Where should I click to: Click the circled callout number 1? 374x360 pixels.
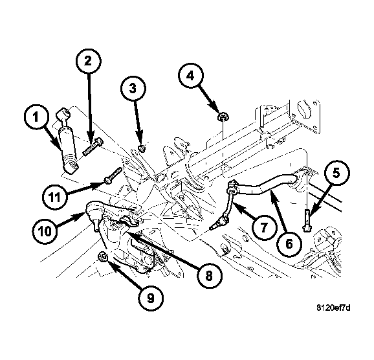(36, 117)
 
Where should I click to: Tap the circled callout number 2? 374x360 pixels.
(89, 61)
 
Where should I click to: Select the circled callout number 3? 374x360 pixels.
(133, 88)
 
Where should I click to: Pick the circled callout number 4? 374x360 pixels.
(191, 76)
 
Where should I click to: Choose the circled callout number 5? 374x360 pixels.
(336, 173)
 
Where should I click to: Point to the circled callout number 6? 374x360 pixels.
(289, 244)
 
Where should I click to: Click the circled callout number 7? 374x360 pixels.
(264, 227)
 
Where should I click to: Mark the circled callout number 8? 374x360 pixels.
(209, 276)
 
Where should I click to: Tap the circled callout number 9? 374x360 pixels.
(151, 298)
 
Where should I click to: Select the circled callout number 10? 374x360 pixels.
(45, 231)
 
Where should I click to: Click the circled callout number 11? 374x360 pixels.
(54, 197)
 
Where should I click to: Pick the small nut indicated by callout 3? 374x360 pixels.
(142, 149)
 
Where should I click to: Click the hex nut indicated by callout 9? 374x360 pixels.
(103, 257)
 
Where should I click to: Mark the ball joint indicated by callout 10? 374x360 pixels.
(95, 214)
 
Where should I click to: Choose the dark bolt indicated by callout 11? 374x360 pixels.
(113, 175)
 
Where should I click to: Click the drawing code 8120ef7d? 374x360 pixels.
(333, 308)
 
